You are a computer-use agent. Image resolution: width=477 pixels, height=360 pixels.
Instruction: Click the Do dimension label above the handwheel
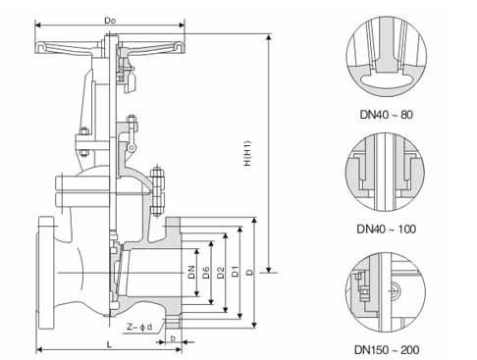click(110, 21)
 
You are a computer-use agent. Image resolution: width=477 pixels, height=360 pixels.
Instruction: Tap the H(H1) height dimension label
click(247, 153)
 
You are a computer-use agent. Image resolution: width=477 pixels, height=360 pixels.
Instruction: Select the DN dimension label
click(191, 272)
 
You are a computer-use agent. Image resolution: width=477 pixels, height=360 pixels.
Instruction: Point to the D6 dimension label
click(206, 273)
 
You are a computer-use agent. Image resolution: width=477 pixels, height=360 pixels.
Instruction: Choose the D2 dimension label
click(221, 273)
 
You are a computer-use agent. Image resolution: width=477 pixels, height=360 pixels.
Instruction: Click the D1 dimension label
click(236, 272)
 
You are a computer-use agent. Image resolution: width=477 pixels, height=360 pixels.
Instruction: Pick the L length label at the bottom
click(110, 344)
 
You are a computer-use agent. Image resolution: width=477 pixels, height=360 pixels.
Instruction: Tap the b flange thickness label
click(173, 338)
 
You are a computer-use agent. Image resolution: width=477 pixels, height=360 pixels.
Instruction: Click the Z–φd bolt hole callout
click(139, 327)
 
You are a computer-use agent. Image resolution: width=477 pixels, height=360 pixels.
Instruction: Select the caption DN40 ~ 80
click(387, 115)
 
